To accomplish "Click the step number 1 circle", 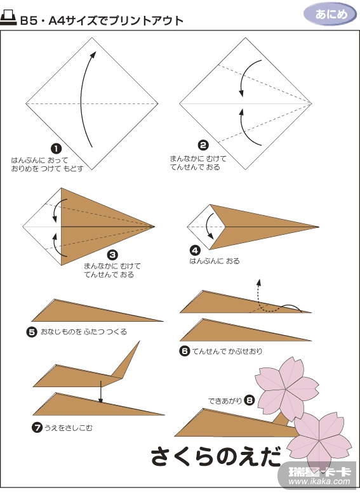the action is pos(57,148).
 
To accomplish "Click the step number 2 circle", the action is pos(203,145).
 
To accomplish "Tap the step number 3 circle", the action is pos(112,255).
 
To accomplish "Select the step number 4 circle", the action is pos(195,251).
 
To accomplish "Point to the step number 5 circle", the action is pos(32,332).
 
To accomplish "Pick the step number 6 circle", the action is pos(184,351).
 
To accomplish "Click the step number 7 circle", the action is pos(37,428).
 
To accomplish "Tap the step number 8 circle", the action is pos(249,400).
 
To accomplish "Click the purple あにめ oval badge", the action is pos(330,15).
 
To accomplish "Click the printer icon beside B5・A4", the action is pos(8,19).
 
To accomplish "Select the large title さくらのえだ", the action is pos(217,456).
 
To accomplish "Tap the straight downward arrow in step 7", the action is pos(100,392).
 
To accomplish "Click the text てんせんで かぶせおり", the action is pos(227,351).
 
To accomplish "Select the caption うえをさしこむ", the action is pos(69,428).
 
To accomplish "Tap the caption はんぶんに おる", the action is pos(215,261).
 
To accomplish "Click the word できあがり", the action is pos(225,401).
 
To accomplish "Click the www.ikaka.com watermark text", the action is pos(319,482).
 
